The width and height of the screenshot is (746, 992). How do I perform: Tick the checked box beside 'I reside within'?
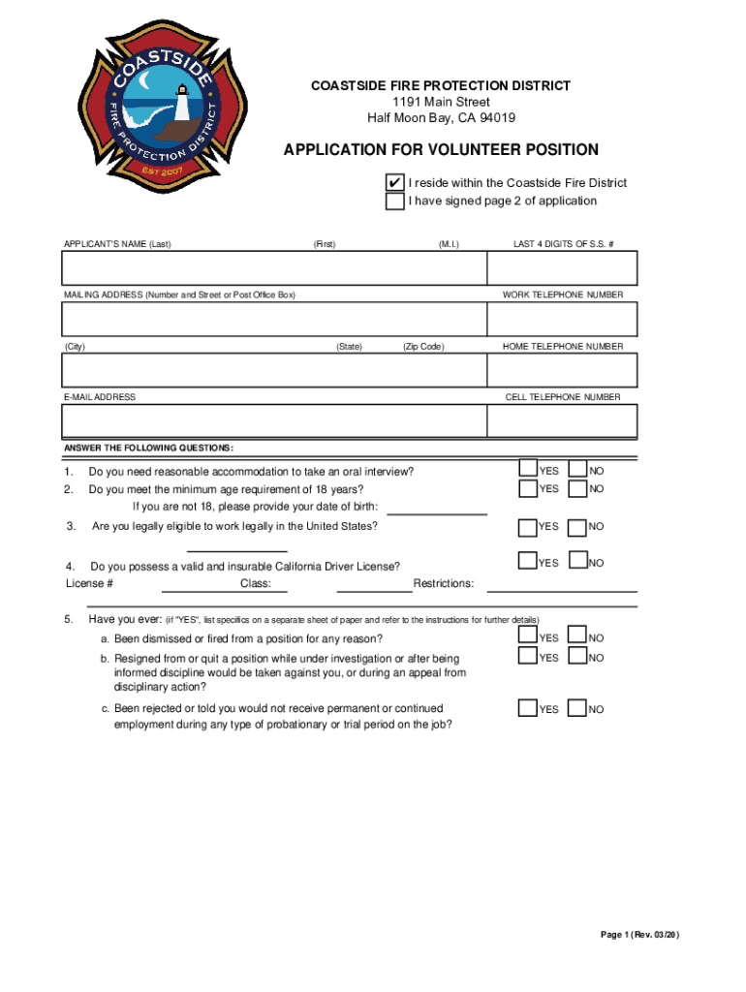click(394, 183)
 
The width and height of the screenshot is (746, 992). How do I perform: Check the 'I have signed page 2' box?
click(394, 201)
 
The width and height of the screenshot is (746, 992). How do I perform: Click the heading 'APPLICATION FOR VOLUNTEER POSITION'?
click(441, 150)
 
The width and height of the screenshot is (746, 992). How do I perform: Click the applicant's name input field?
click(274, 268)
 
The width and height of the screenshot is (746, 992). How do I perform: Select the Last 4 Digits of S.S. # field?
click(563, 268)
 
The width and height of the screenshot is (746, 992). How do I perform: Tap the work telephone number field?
click(563, 319)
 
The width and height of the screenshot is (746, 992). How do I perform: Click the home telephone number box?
click(563, 370)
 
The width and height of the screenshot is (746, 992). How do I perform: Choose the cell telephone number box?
click(563, 421)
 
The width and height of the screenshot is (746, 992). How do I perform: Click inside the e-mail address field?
click(274, 421)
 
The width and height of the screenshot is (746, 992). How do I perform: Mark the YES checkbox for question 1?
click(528, 469)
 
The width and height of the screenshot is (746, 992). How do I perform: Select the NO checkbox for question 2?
click(577, 488)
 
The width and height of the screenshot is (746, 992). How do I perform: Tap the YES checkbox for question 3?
click(528, 527)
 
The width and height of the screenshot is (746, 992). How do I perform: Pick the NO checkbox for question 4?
click(577, 560)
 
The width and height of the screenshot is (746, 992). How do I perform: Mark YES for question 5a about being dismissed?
click(528, 636)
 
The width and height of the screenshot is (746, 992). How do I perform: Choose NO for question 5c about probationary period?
click(577, 708)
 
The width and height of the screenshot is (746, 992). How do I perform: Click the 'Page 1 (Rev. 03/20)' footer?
click(640, 935)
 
